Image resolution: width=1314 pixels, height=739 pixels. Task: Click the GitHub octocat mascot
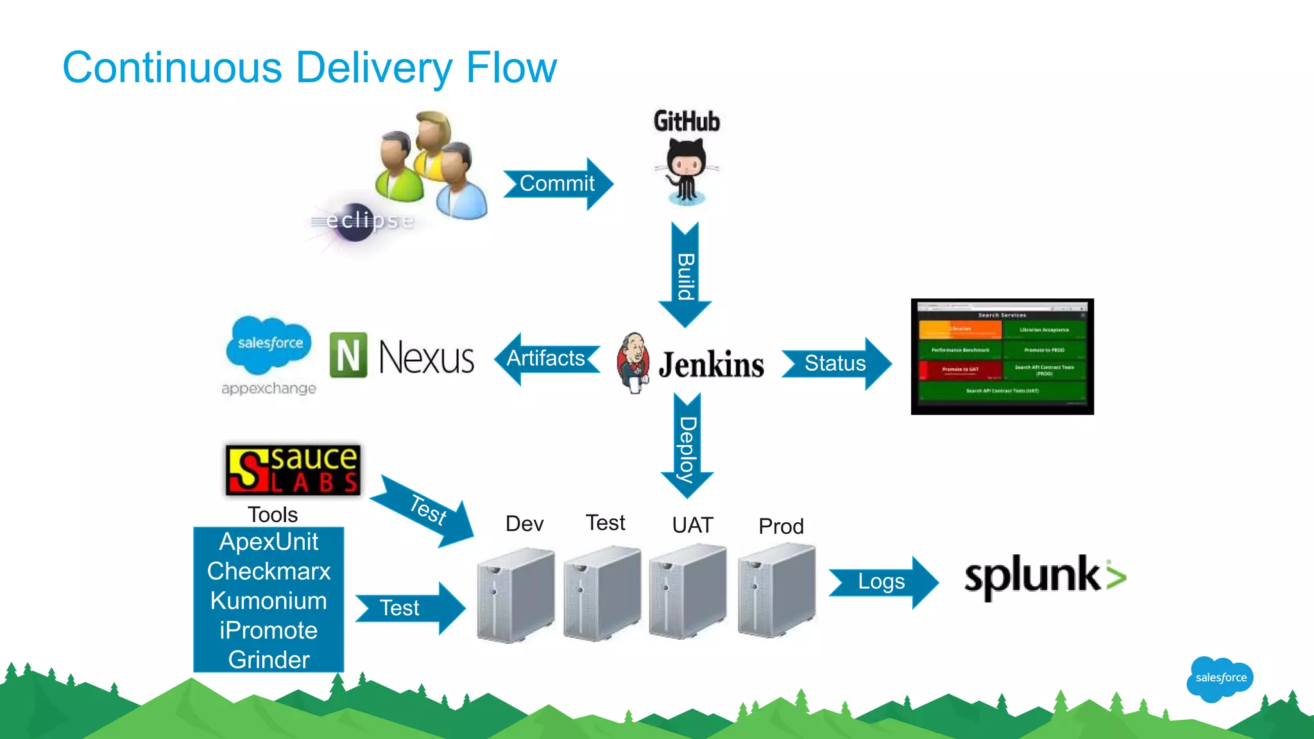[686, 171]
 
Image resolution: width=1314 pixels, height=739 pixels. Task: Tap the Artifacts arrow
[547, 359]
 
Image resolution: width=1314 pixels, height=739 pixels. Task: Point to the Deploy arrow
[687, 446]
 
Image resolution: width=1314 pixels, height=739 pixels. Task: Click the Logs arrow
[882, 582]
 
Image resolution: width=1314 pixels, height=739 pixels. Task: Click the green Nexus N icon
[348, 355]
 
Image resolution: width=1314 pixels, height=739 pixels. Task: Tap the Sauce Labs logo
[293, 470]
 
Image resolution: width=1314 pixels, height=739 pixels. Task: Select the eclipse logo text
[370, 221]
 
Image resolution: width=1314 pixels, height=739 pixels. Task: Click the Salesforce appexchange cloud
[269, 344]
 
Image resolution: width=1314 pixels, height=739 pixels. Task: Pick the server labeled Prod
[776, 590]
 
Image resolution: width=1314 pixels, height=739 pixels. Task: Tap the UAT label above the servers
[692, 525]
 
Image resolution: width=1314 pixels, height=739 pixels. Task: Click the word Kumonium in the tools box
[268, 601]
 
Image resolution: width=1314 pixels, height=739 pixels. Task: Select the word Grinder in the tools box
[268, 659]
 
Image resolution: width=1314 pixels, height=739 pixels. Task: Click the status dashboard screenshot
[1002, 356]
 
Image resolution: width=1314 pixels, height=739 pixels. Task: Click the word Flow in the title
[511, 67]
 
